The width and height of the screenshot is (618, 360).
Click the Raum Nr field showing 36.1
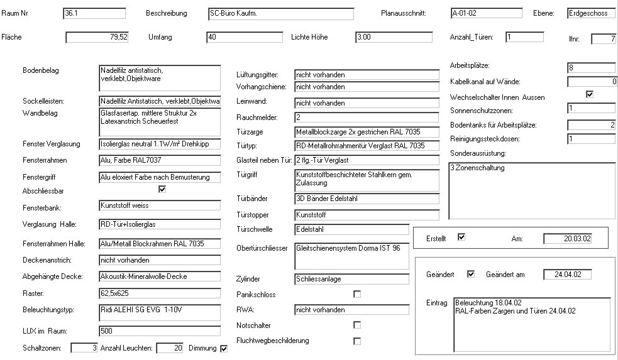(x=94, y=13)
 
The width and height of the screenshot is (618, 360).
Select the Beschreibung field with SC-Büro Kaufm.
(x=280, y=13)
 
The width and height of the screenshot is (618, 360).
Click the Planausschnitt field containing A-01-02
(x=486, y=13)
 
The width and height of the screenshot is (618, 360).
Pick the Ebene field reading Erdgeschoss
(x=587, y=13)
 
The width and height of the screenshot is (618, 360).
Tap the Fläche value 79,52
(x=97, y=38)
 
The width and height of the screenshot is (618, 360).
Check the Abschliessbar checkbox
(x=162, y=189)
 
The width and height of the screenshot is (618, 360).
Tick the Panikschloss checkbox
(x=357, y=294)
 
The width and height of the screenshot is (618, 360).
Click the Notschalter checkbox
(x=357, y=325)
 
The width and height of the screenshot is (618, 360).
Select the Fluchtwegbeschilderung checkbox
(x=357, y=341)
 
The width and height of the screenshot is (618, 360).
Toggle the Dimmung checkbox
(x=224, y=349)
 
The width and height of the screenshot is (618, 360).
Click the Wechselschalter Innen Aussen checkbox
(x=590, y=95)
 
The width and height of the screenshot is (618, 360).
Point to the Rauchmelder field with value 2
(x=367, y=117)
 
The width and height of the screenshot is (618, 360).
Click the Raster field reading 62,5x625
(x=160, y=293)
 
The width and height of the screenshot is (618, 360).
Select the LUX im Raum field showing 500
(x=160, y=331)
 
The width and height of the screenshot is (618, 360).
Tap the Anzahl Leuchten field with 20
(x=170, y=348)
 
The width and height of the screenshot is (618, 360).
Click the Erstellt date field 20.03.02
(x=568, y=239)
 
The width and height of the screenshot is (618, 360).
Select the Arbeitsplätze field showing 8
(x=591, y=67)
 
